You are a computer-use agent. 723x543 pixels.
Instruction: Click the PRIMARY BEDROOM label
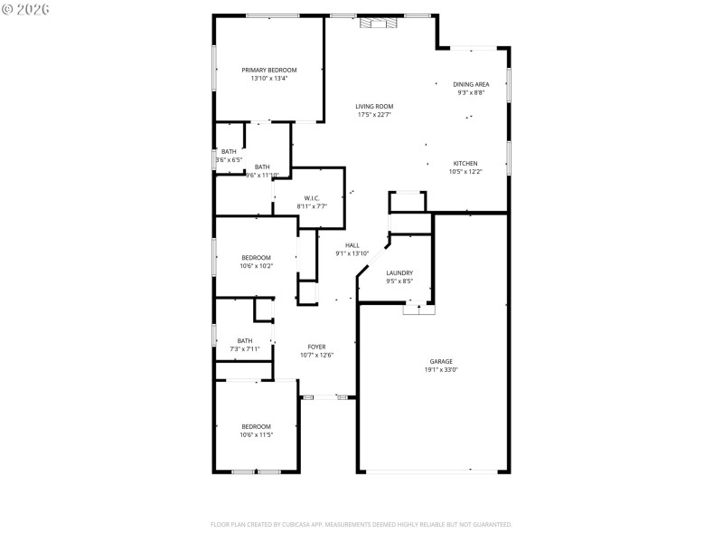pyautogui.click(x=268, y=70)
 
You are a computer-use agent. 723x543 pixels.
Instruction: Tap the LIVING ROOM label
pyautogui.click(x=374, y=106)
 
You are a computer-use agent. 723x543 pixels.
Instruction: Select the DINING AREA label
pyautogui.click(x=471, y=84)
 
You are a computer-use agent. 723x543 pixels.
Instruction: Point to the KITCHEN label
pyautogui.click(x=465, y=163)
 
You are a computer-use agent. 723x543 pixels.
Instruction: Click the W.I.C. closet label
pyautogui.click(x=312, y=198)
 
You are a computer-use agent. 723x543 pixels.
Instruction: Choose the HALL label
pyautogui.click(x=352, y=245)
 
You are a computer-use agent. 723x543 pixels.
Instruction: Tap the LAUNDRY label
pyautogui.click(x=399, y=272)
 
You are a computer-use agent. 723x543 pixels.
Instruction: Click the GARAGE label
pyautogui.click(x=441, y=361)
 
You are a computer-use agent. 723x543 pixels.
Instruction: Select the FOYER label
pyautogui.click(x=316, y=347)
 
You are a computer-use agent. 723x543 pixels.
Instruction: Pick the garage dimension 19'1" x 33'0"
pyautogui.click(x=441, y=369)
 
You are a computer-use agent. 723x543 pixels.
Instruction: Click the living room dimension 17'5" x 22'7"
pyautogui.click(x=374, y=114)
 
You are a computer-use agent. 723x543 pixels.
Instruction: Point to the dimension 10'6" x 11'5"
pyautogui.click(x=256, y=435)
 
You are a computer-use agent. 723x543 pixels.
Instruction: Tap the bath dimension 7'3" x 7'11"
pyautogui.click(x=245, y=348)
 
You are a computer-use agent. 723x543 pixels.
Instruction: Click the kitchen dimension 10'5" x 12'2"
pyautogui.click(x=465, y=171)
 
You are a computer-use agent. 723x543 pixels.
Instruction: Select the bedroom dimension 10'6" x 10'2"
pyautogui.click(x=256, y=266)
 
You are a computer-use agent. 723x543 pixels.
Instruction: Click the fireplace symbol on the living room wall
pyautogui.click(x=378, y=24)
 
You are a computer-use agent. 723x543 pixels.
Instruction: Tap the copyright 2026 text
pyautogui.click(x=25, y=8)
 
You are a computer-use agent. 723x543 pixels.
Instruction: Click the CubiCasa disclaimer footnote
pyautogui.click(x=361, y=524)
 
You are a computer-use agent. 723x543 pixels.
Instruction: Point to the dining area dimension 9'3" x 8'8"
pyautogui.click(x=471, y=92)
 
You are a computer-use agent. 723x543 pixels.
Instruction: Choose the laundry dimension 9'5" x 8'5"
pyautogui.click(x=399, y=281)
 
